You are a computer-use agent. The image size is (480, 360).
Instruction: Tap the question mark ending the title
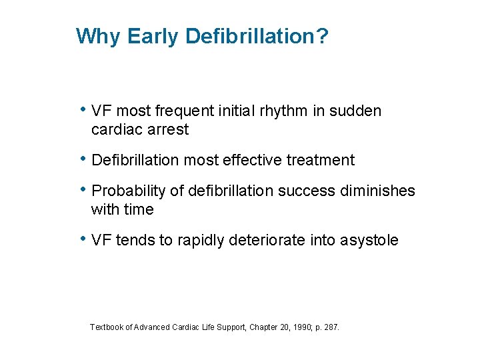(x=323, y=36)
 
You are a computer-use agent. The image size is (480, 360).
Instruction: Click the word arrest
(x=168, y=129)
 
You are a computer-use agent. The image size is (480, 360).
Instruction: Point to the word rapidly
(x=201, y=240)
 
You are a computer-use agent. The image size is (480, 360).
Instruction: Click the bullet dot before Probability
(x=83, y=189)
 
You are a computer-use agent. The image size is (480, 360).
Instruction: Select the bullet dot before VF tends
(x=83, y=238)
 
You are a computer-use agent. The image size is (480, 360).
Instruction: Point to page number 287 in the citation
(x=331, y=327)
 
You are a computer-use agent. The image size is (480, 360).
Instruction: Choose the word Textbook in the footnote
(x=107, y=327)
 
